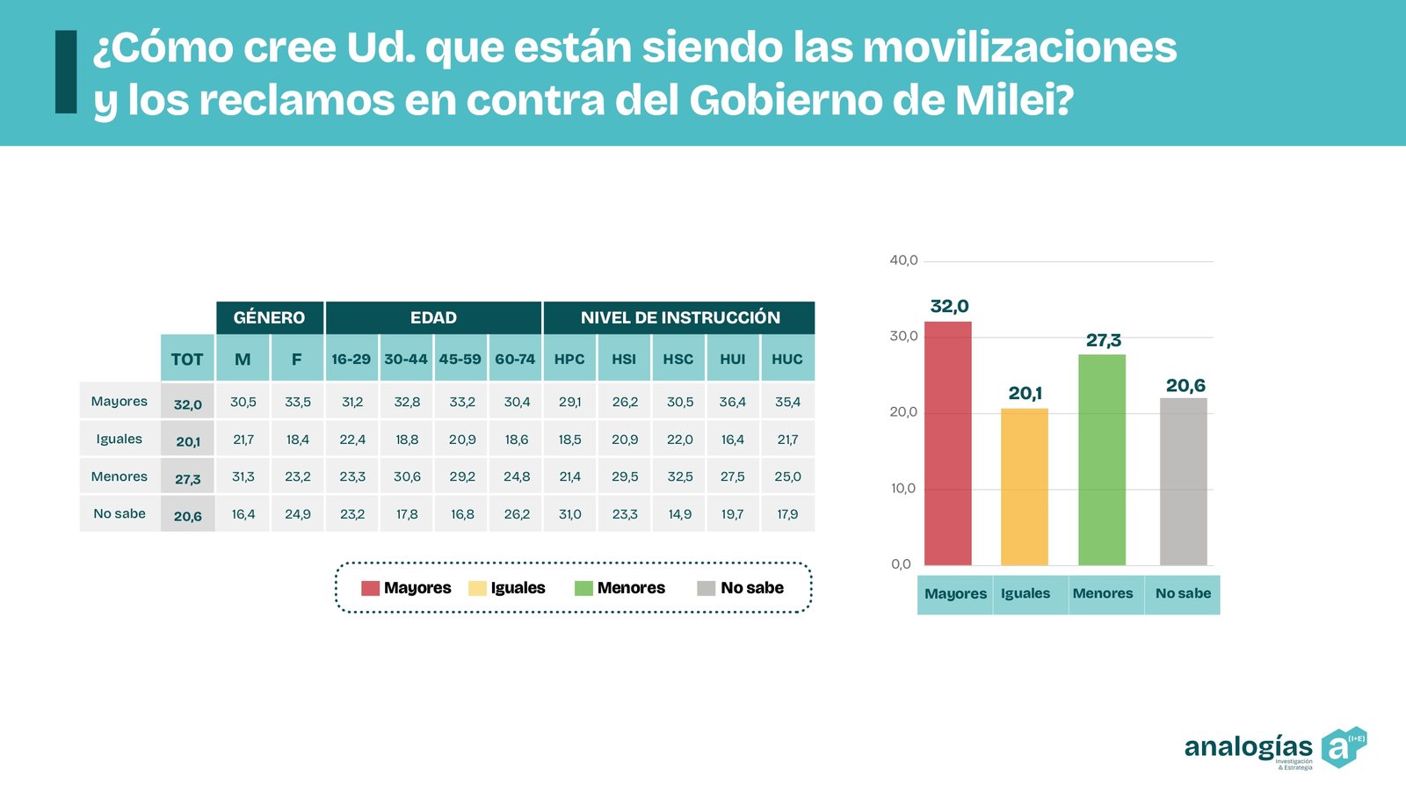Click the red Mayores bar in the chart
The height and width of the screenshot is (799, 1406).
(x=947, y=444)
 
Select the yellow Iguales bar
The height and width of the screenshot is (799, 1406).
(x=1024, y=487)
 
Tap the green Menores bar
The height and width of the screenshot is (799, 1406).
(x=1101, y=460)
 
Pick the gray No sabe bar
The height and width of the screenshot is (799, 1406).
(x=1183, y=482)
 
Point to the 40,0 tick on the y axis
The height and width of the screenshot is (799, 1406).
(x=903, y=260)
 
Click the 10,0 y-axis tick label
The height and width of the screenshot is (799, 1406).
(x=903, y=489)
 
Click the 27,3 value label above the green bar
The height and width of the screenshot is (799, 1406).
(x=1103, y=340)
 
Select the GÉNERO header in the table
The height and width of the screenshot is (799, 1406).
(x=269, y=317)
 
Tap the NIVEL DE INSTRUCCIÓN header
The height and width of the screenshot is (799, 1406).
(x=679, y=317)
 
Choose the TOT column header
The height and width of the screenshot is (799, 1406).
(x=187, y=359)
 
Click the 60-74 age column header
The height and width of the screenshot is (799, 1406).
(x=515, y=359)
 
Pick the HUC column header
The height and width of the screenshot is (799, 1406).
(x=787, y=359)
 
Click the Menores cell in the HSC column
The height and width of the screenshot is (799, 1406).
(x=679, y=476)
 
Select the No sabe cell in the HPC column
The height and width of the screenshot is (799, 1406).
(x=569, y=514)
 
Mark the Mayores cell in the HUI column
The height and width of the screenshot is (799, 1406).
(x=733, y=402)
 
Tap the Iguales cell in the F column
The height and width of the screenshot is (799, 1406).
(x=297, y=439)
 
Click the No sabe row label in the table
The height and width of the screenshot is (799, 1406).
(x=120, y=513)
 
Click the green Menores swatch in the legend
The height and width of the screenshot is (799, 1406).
(x=583, y=588)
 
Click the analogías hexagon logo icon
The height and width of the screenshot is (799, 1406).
(x=1342, y=747)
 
